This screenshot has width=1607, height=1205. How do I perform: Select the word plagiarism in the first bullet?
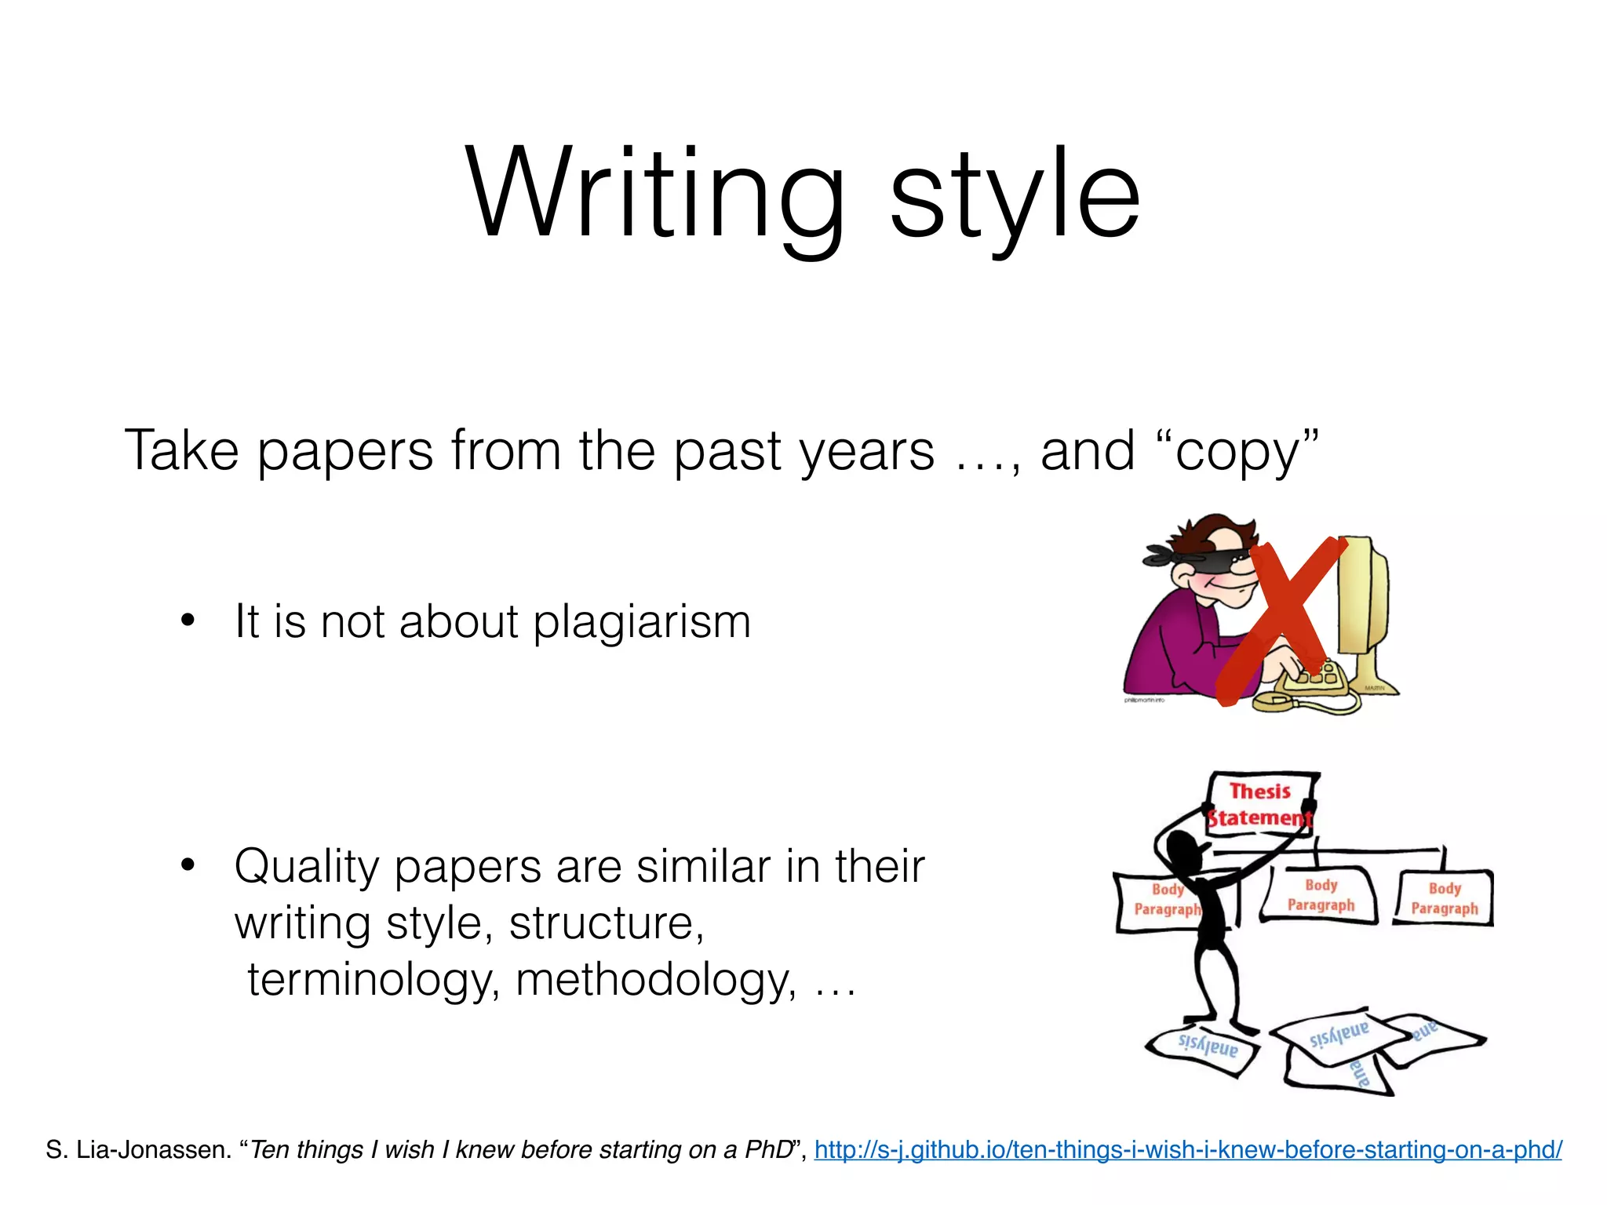642,624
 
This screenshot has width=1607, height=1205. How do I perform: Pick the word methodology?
655,981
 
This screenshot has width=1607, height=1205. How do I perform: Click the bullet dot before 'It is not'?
187,621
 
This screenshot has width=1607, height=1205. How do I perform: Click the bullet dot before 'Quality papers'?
187,865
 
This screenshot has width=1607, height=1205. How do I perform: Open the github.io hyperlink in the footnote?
1187,1150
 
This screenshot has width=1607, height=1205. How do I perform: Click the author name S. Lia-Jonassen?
138,1150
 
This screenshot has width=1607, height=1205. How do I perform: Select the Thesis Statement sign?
1260,804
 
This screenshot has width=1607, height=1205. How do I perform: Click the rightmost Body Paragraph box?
1445,898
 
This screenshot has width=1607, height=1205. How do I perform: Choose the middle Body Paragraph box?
1321,895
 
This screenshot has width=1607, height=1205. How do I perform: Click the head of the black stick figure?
1182,850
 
